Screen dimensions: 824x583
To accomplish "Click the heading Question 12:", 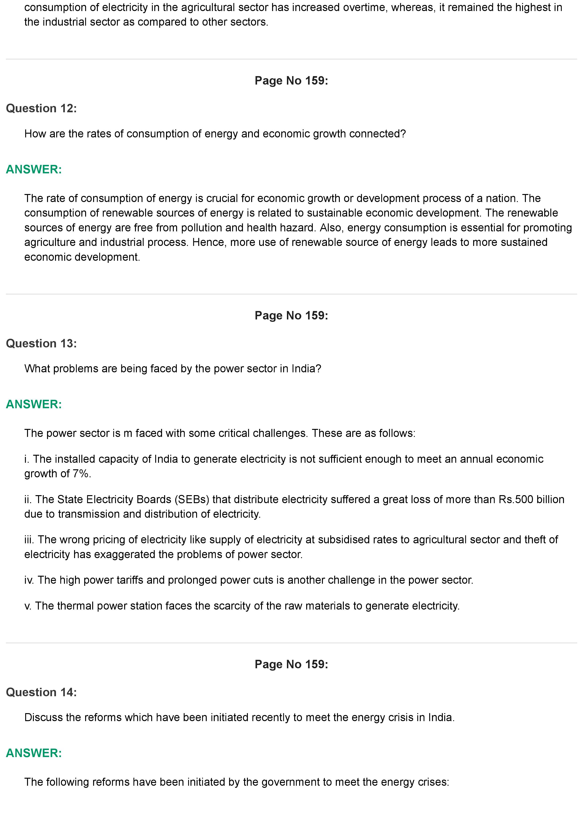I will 41,108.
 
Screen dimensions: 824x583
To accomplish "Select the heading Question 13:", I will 41,343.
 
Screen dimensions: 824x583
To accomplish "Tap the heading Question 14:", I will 41,692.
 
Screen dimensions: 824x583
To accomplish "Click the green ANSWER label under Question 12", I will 34,169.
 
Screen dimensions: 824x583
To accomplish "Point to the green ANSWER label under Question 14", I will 34,753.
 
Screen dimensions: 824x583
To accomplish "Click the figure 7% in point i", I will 81,474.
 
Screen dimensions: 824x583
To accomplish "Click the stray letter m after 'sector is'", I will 128,434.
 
